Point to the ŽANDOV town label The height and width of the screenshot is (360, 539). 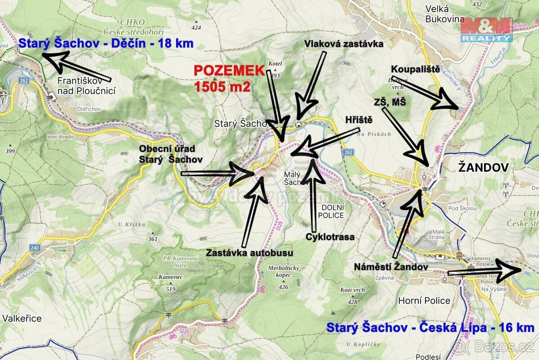(483, 168)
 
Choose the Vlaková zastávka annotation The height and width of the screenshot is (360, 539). (343, 44)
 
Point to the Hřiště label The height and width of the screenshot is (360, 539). (359, 120)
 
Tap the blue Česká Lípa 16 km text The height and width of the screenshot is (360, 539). (430, 328)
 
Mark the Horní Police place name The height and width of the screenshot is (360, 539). (424, 300)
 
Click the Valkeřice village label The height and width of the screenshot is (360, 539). (22, 318)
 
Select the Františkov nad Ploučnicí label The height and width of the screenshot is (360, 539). (87, 87)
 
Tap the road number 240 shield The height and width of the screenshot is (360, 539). (35, 248)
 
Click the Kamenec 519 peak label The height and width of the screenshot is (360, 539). (170, 283)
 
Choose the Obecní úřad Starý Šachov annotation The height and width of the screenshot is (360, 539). (170, 153)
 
